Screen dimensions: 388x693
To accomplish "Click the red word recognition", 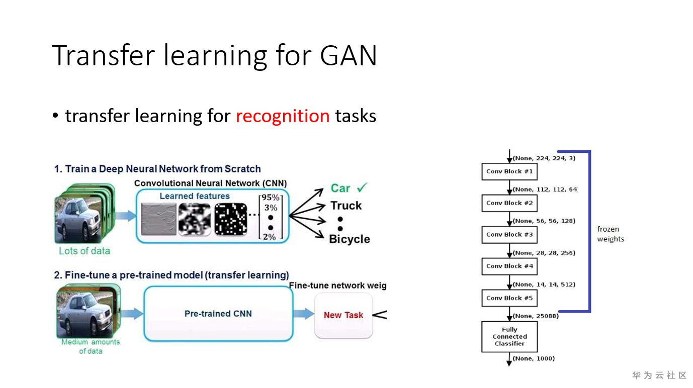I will tap(283, 116).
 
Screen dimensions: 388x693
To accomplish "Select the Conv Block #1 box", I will tap(509, 171).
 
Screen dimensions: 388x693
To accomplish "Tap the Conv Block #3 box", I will tap(509, 235).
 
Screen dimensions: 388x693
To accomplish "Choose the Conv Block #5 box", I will tap(509, 298).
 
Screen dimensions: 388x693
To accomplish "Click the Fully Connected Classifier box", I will tap(509, 337).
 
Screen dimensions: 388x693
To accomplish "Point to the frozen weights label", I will tap(611, 234).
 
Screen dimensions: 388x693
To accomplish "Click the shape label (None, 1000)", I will tap(534, 358).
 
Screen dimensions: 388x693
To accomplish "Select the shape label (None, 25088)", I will tap(536, 316).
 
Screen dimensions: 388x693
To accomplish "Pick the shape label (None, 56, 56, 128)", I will tap(544, 221).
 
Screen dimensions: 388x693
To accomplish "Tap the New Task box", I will tap(343, 315).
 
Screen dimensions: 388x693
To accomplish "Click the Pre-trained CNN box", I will tap(218, 314).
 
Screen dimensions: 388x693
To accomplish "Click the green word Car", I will tap(340, 188).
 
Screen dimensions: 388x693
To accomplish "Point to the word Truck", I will tap(346, 206).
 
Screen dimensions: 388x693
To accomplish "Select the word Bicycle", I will tap(350, 239).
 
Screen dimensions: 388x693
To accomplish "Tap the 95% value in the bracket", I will tap(270, 198).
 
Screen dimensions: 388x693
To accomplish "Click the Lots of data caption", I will tap(84, 251).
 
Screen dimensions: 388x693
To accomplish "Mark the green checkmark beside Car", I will tap(362, 188).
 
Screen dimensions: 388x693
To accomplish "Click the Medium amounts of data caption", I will tap(91, 346).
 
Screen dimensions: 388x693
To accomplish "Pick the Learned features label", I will tap(195, 196).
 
